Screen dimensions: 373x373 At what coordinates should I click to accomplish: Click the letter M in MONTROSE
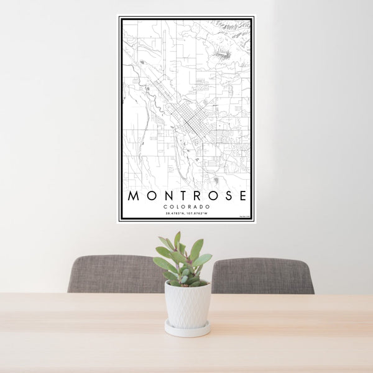click(133, 196)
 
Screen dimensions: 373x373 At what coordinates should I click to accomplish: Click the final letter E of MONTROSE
click(242, 196)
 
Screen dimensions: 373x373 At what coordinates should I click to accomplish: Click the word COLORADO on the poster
click(186, 207)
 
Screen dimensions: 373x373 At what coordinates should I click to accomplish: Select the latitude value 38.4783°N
click(176, 214)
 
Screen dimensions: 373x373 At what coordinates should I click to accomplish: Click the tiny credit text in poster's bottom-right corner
click(244, 216)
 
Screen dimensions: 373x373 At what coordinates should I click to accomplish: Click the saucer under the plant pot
click(187, 329)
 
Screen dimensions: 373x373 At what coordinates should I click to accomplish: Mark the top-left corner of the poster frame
click(119, 17)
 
